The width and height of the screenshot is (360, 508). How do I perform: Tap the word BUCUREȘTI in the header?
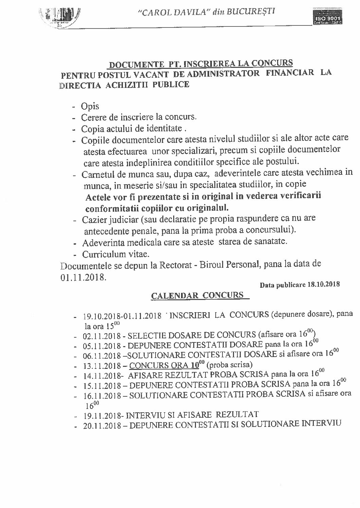[251, 11]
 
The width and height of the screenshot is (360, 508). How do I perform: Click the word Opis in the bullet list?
[90, 106]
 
